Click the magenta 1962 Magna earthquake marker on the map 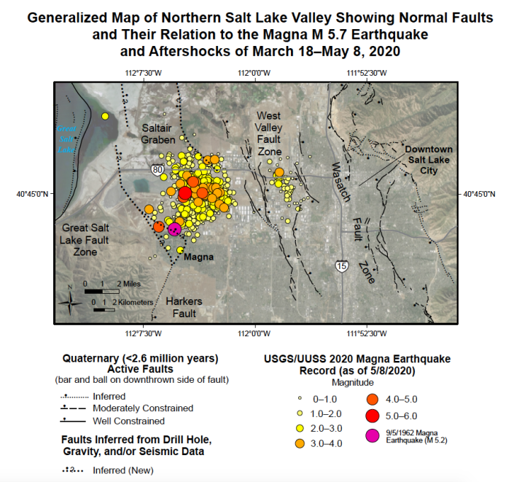(174, 229)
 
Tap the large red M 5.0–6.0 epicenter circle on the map (184, 193)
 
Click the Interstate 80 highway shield (159, 169)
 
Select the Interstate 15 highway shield (341, 266)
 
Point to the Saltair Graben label (157, 134)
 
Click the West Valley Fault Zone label (269, 133)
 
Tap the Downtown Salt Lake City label (429, 160)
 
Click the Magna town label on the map (198, 257)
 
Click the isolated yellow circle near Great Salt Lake (106, 116)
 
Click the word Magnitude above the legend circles (353, 382)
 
